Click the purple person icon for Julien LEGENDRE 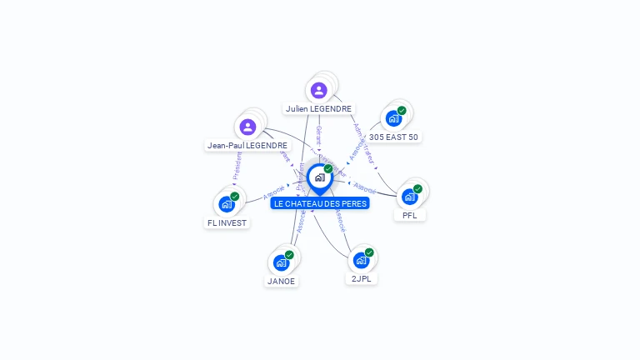tap(318, 90)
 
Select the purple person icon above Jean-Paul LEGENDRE tap(247, 127)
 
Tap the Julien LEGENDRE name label tap(318, 108)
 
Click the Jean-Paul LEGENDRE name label tap(247, 145)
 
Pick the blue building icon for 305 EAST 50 tap(393, 118)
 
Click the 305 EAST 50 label tap(393, 137)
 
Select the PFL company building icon tap(409, 197)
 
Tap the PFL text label tap(409, 215)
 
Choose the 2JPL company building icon tap(361, 260)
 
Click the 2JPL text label tap(361, 278)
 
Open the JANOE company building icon tap(281, 262)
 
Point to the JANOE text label tap(281, 281)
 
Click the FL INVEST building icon tap(227, 204)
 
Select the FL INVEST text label tap(227, 222)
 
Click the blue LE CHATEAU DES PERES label tap(320, 203)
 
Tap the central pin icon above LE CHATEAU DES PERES tap(319, 177)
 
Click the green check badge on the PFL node tap(417, 189)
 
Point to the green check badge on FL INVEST tap(235, 197)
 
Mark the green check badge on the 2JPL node tap(369, 252)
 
